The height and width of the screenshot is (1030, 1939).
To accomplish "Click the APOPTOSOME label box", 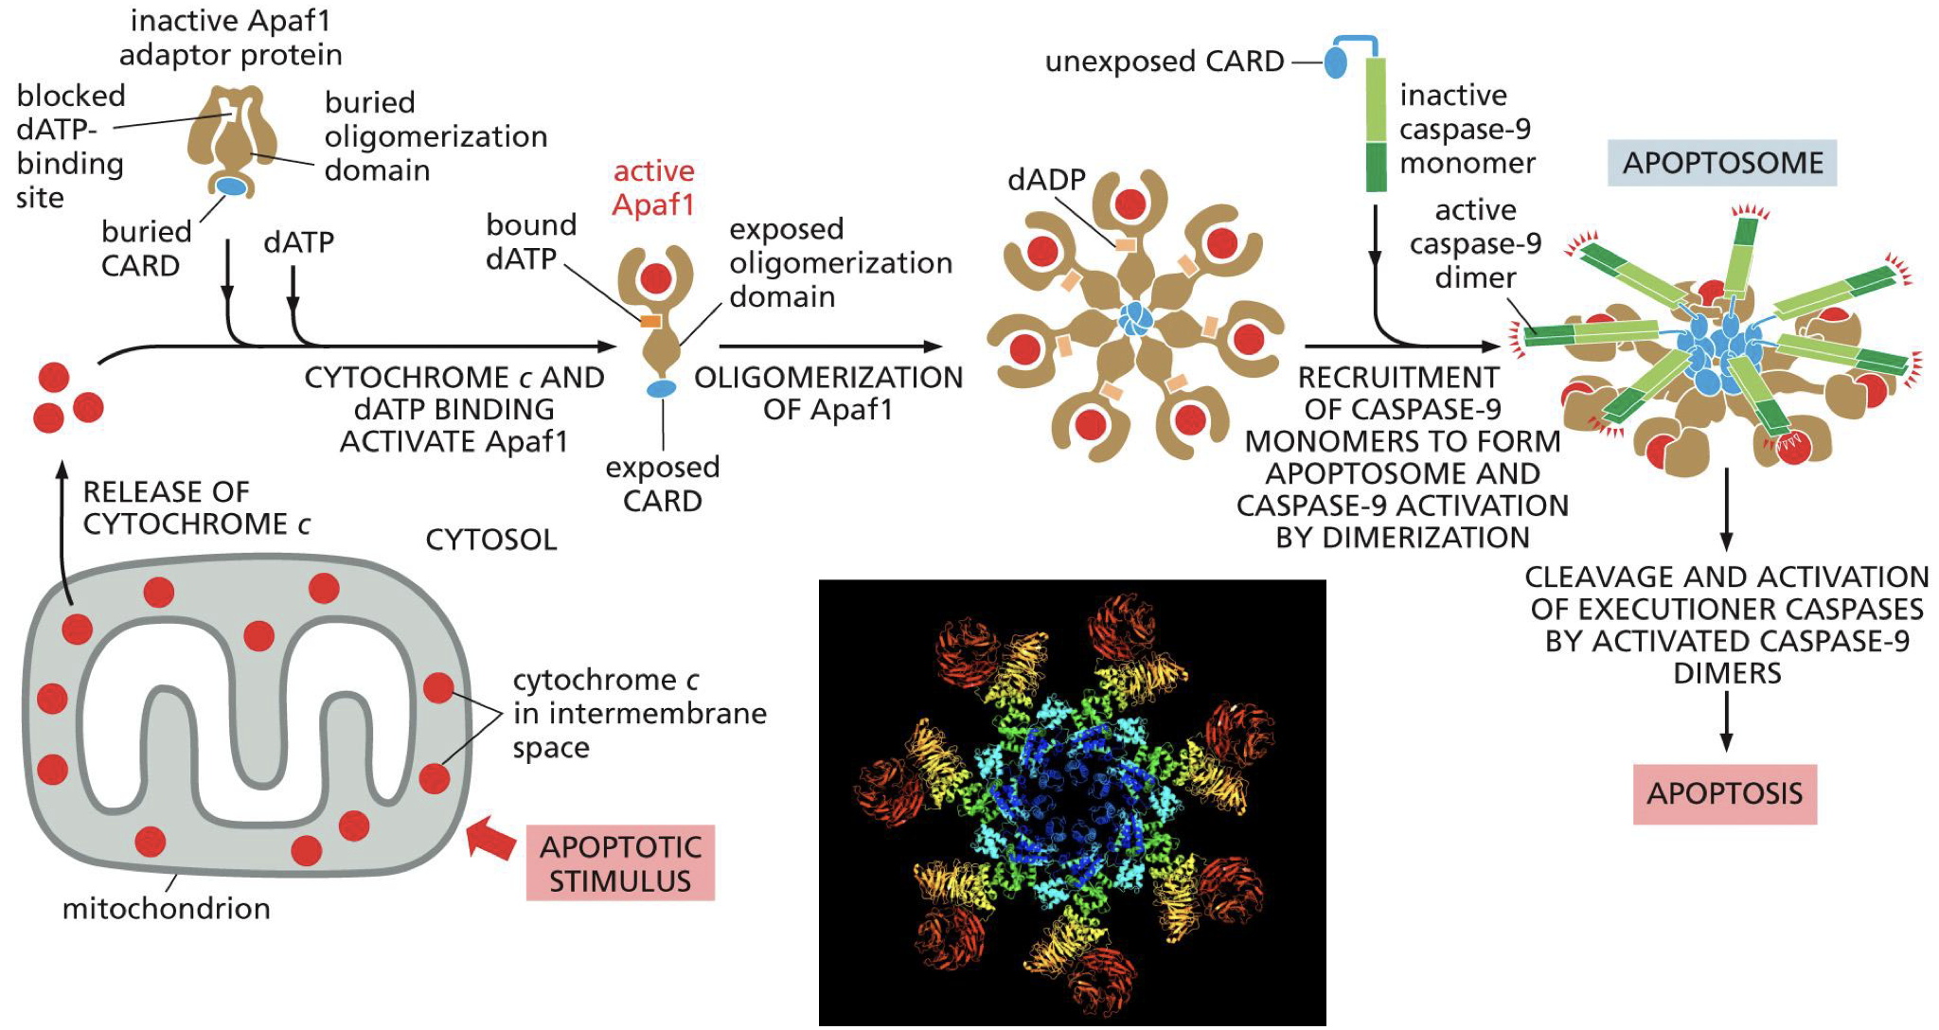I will pyautogui.click(x=1721, y=163).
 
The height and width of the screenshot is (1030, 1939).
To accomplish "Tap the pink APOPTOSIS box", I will pyautogui.click(x=1724, y=793).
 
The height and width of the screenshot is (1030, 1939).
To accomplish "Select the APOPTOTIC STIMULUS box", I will pyautogui.click(x=620, y=862).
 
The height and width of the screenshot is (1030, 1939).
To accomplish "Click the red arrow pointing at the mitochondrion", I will pyautogui.click(x=491, y=838).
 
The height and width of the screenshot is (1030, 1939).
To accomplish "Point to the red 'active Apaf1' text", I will pyautogui.click(x=653, y=187).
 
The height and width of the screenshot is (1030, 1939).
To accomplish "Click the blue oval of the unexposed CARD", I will pyautogui.click(x=1335, y=62).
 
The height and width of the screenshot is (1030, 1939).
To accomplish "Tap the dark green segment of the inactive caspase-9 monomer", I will pyautogui.click(x=1376, y=167).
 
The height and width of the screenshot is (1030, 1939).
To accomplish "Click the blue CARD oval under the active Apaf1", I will pyautogui.click(x=662, y=388).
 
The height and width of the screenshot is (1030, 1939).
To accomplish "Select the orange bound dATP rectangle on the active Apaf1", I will pyautogui.click(x=650, y=322).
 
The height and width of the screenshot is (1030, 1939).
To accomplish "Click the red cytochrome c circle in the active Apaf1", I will pyautogui.click(x=655, y=278).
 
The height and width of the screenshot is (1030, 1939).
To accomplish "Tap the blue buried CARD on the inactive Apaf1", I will pyautogui.click(x=232, y=186).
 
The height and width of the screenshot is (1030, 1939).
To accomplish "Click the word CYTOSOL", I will pyautogui.click(x=490, y=540).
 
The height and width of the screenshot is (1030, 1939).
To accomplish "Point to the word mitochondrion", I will pyautogui.click(x=166, y=909).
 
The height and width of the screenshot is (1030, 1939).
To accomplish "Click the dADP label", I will pyautogui.click(x=1045, y=180).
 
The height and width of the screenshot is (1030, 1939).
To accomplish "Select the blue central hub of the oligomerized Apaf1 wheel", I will pyautogui.click(x=1134, y=319).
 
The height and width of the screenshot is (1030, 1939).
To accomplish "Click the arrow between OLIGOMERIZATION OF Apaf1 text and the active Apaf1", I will pyautogui.click(x=830, y=346).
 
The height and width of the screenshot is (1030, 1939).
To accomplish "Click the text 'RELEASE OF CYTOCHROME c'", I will pyautogui.click(x=196, y=507).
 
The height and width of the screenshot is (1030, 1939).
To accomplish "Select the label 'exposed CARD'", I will pyautogui.click(x=662, y=484).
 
